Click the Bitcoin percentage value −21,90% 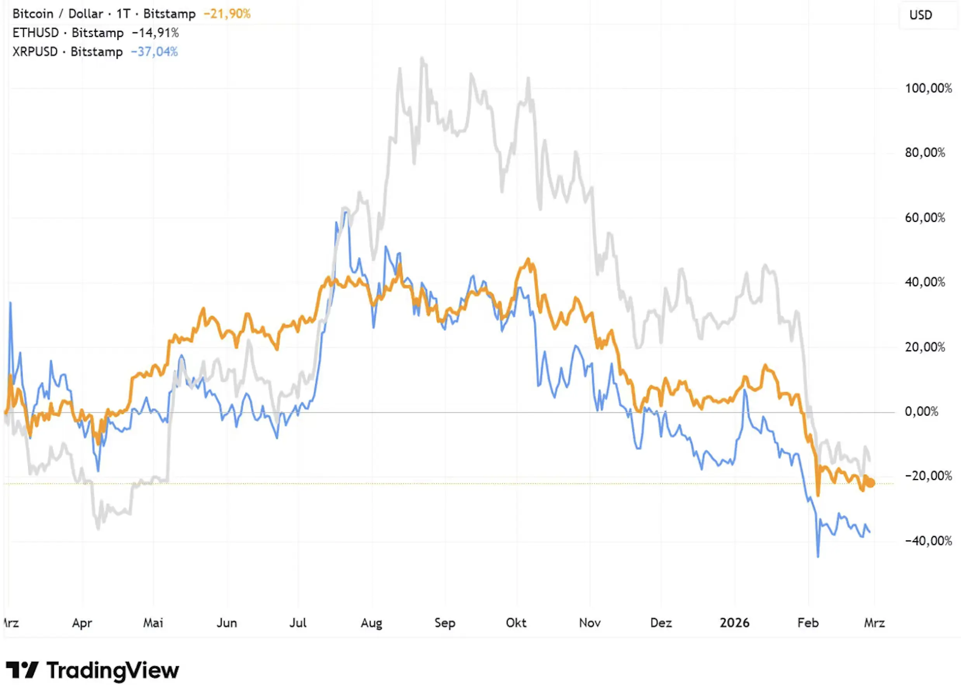click(x=227, y=14)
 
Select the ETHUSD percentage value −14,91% click(x=155, y=33)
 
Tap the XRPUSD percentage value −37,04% click(x=154, y=52)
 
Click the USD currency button click(x=920, y=15)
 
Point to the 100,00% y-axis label click(x=928, y=88)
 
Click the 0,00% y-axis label click(x=921, y=412)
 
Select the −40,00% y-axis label click(x=928, y=541)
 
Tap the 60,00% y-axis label click(x=925, y=218)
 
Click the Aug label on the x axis click(x=371, y=623)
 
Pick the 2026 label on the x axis click(x=734, y=623)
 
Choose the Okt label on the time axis click(x=516, y=623)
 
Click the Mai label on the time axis click(x=153, y=623)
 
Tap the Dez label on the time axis click(x=661, y=623)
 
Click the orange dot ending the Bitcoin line click(x=870, y=483)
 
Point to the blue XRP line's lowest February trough click(x=818, y=556)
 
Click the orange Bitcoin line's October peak click(x=528, y=260)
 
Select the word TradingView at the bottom click(x=113, y=670)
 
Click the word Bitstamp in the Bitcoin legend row click(x=169, y=14)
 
